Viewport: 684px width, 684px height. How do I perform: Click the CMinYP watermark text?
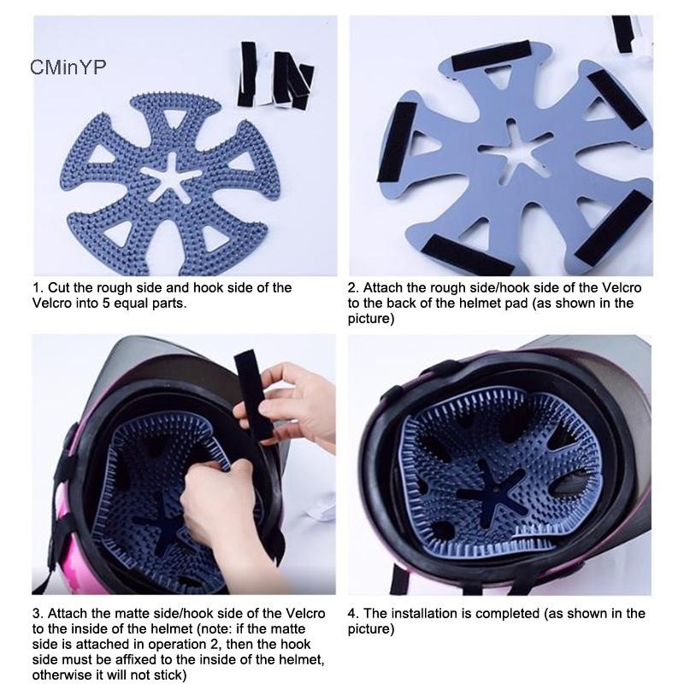pyautogui.click(x=68, y=67)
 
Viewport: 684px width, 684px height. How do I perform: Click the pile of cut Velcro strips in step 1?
pyautogui.click(x=274, y=75)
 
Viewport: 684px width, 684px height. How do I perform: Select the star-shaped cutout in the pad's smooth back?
pyautogui.click(x=515, y=148)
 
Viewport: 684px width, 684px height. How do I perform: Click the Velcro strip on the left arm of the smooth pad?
pyautogui.click(x=397, y=143)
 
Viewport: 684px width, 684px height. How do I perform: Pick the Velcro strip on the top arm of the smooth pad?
pyautogui.click(x=491, y=56)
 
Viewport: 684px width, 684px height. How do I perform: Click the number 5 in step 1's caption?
pyautogui.click(x=106, y=303)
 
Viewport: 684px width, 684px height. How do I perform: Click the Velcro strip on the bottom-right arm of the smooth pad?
pyautogui.click(x=614, y=227)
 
